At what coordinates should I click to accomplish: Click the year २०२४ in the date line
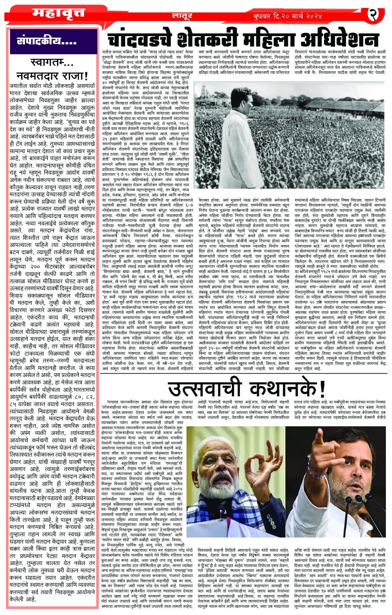click(312, 17)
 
